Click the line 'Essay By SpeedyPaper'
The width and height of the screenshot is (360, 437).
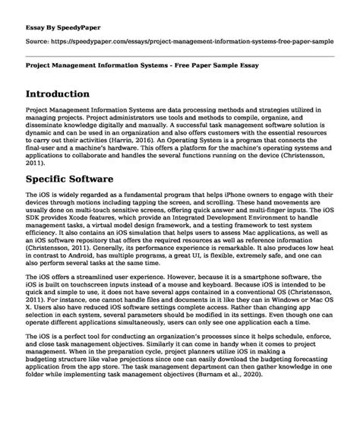[x=57, y=16]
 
